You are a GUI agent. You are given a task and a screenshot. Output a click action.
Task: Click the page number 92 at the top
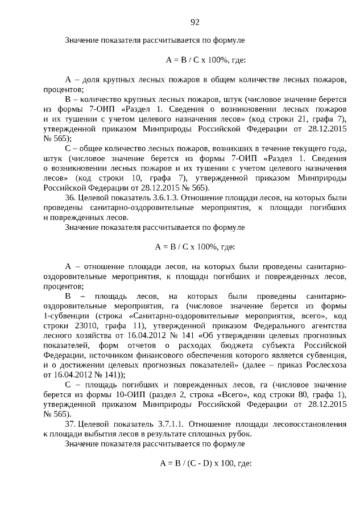coord(195,22)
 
